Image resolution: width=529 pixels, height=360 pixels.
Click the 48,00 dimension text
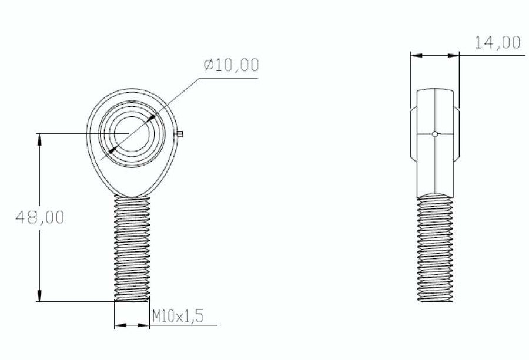(x=39, y=217)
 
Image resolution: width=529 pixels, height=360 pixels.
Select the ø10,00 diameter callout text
(x=230, y=65)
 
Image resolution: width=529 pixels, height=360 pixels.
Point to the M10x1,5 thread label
(x=178, y=317)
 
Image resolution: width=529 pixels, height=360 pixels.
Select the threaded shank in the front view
(x=132, y=247)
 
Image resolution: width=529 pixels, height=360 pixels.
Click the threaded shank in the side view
(x=435, y=247)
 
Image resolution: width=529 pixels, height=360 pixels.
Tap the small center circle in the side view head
(x=434, y=134)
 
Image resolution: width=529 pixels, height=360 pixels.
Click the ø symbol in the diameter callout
(x=207, y=65)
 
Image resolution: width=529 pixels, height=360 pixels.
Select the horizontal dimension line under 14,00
(x=435, y=56)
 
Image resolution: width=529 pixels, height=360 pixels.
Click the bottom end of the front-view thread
(x=132, y=300)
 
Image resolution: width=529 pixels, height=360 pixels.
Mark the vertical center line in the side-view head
(x=434, y=112)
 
